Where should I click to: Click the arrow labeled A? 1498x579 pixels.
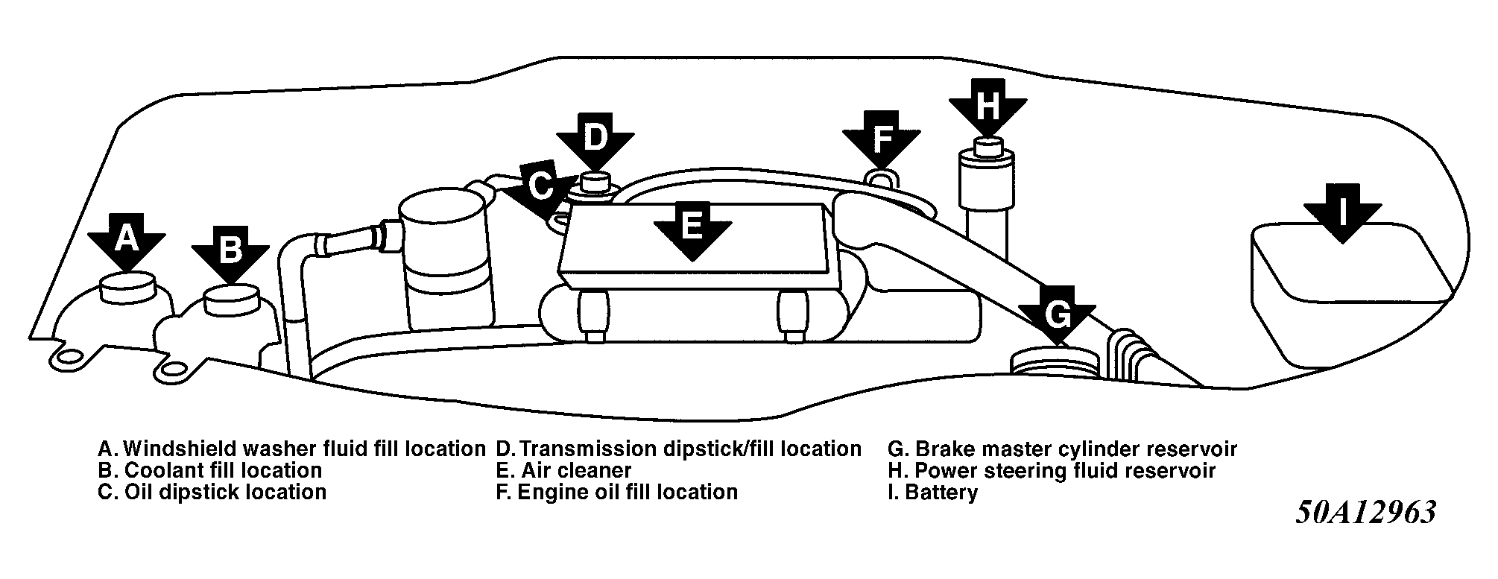[x=127, y=241]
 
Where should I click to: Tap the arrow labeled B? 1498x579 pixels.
[x=230, y=252]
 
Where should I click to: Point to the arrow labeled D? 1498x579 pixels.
[x=595, y=140]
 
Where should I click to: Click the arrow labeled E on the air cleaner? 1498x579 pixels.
[x=691, y=227]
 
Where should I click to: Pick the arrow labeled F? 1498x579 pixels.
[x=881, y=138]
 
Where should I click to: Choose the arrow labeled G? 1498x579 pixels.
[x=1057, y=316]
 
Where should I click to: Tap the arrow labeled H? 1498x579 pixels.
[x=987, y=107]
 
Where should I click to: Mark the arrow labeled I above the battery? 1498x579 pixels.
[x=1342, y=212]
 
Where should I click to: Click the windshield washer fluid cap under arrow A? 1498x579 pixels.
[x=127, y=287]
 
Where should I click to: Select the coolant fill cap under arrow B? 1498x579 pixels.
[x=230, y=298]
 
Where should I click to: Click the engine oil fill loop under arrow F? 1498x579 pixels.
[x=881, y=177]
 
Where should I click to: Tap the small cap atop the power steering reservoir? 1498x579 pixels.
[x=987, y=146]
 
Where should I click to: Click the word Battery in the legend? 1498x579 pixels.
[x=941, y=492]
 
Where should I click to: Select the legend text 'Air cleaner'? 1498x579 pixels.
[x=575, y=471]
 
